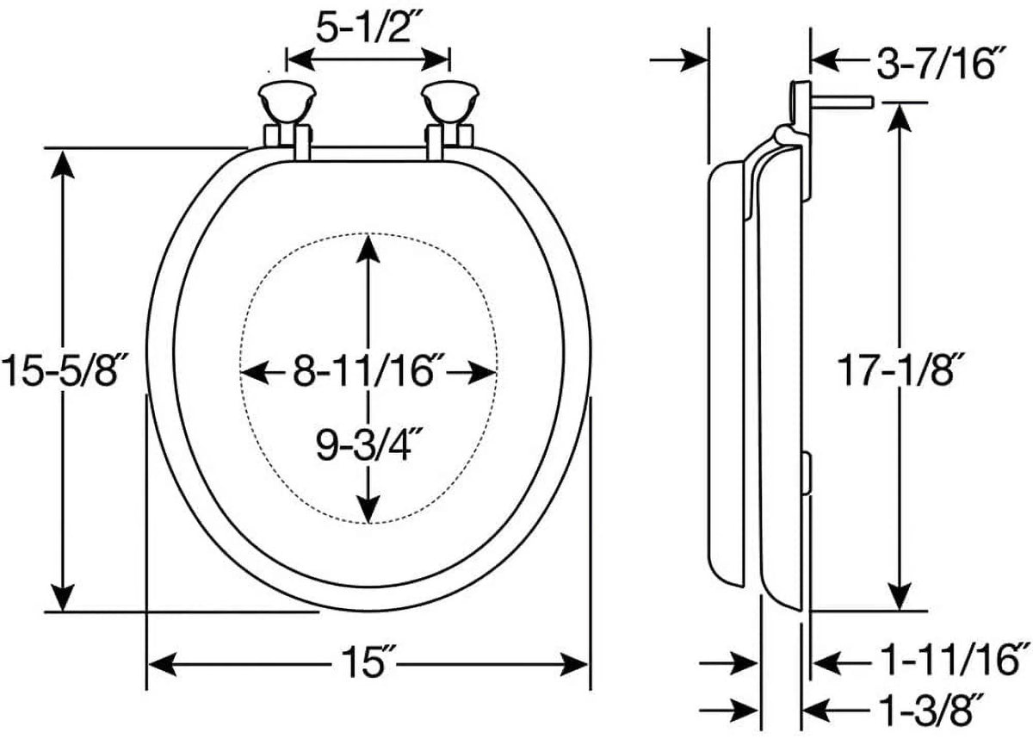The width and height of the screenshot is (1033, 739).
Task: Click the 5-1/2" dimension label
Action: (370, 27)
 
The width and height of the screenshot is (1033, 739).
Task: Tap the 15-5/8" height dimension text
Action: (64, 369)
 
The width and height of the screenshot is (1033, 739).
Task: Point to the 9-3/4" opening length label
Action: (369, 445)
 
